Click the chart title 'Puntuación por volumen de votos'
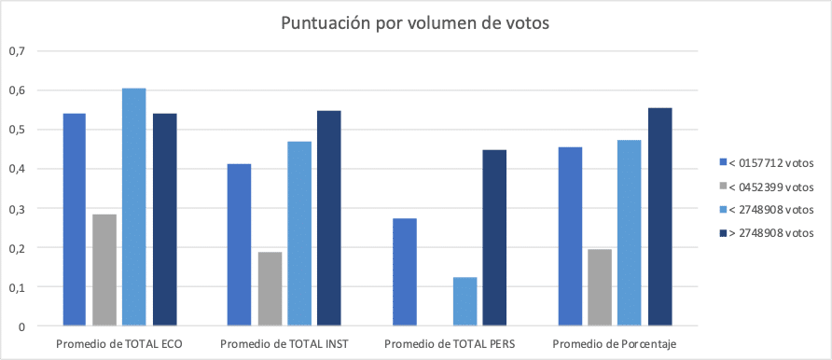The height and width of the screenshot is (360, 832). (415, 23)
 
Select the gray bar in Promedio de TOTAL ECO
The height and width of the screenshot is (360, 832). (104, 270)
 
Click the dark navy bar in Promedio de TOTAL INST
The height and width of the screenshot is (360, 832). (329, 218)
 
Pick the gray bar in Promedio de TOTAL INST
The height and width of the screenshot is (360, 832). (270, 289)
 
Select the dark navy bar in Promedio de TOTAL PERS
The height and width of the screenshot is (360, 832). (493, 238)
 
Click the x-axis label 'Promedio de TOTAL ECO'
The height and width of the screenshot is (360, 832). (119, 345)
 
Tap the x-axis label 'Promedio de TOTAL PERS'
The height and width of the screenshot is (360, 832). (449, 345)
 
